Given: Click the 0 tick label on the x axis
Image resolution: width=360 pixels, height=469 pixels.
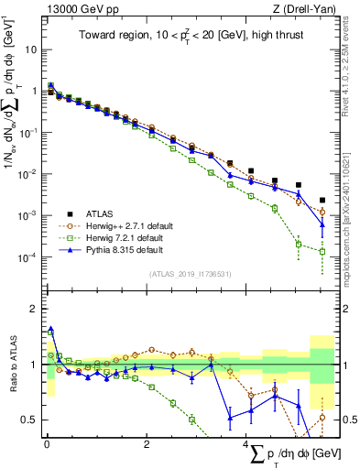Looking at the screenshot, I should click(47, 444).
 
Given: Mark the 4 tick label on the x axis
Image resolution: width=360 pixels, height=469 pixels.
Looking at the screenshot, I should click(245, 444).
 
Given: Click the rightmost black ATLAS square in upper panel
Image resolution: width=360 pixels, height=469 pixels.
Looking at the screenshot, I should click(322, 200).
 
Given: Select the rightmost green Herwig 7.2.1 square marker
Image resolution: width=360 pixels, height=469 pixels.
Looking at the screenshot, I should click(322, 251).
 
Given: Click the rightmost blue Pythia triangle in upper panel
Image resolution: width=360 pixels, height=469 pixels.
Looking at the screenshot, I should click(322, 224).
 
